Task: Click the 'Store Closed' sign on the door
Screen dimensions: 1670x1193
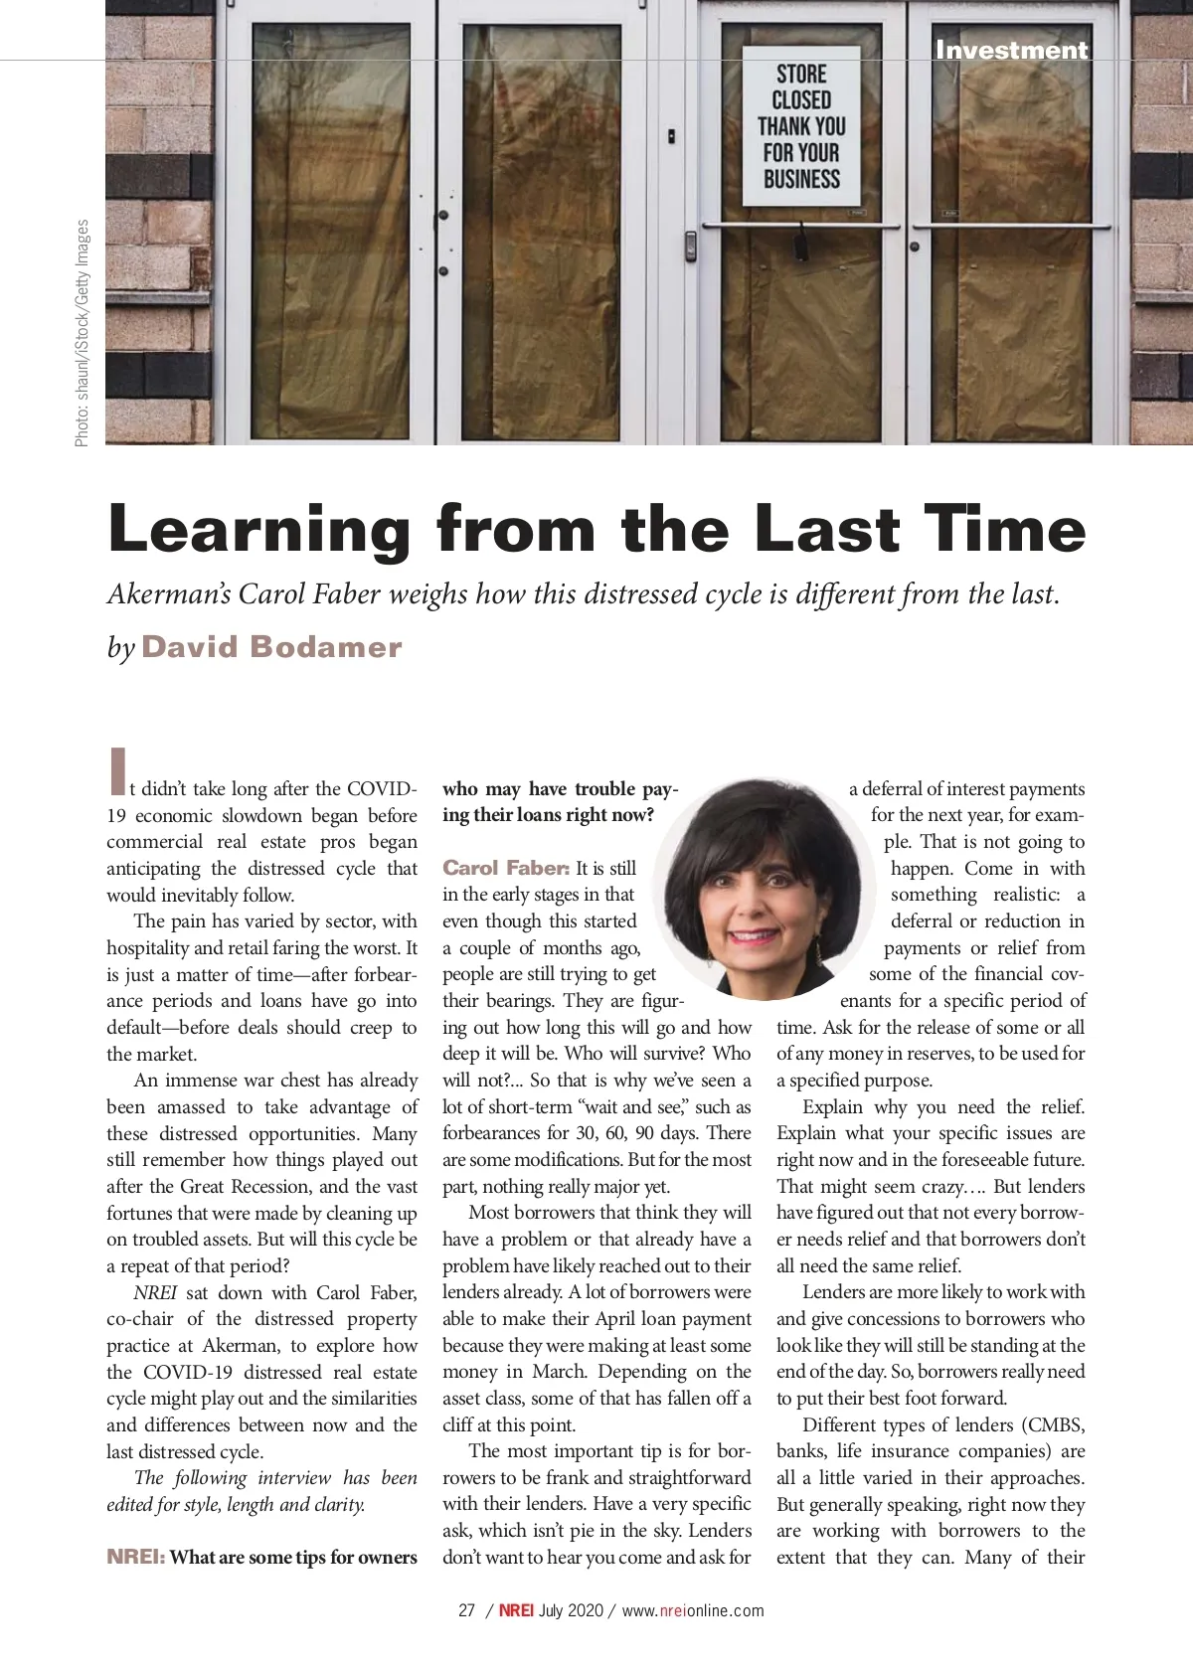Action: click(x=801, y=126)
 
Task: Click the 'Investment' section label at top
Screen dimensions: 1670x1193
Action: click(x=1011, y=50)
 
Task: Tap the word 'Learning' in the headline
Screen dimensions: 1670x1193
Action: click(x=258, y=529)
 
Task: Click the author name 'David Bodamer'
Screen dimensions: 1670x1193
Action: click(x=271, y=647)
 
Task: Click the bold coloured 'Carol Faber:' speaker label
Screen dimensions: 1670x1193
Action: click(x=506, y=868)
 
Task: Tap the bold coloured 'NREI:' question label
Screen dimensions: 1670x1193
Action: click(x=135, y=1557)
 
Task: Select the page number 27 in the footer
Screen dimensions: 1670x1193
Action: click(x=467, y=1610)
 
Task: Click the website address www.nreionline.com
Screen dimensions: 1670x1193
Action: click(x=693, y=1610)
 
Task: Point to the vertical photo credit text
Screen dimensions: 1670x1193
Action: click(x=82, y=333)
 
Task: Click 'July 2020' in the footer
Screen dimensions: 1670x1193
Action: click(x=571, y=1610)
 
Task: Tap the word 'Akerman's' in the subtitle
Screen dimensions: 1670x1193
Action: click(x=169, y=594)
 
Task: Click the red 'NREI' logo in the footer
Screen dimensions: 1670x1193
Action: click(x=516, y=1610)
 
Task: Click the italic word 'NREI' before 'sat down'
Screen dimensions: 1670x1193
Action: click(x=155, y=1292)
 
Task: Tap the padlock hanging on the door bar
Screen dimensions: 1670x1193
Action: click(x=800, y=239)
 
